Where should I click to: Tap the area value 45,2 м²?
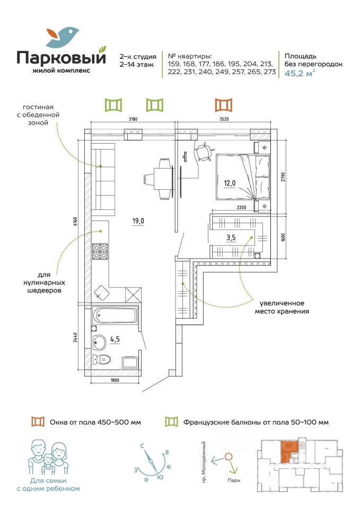[300, 73]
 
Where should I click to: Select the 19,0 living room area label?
[138, 222]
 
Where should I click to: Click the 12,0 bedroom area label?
[230, 183]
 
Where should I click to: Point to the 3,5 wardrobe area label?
[231, 238]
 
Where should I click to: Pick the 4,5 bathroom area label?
[115, 339]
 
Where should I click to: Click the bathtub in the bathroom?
[115, 315]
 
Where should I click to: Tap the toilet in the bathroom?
[102, 359]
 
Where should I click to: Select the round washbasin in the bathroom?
[99, 342]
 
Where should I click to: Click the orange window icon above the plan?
[224, 105]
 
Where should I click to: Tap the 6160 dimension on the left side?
[75, 222]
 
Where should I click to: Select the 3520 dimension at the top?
[224, 119]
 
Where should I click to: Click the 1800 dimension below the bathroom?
[115, 380]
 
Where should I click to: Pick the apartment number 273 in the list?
[270, 72]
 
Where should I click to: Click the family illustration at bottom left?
[48, 458]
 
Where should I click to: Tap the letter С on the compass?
[142, 446]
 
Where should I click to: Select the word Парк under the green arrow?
[234, 480]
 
